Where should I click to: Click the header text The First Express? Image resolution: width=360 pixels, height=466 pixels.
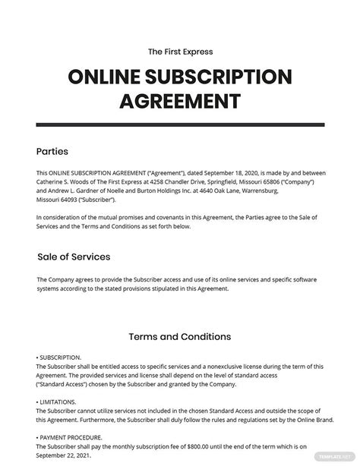pos(180,52)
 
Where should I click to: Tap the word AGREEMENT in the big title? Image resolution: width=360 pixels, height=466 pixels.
pos(180,101)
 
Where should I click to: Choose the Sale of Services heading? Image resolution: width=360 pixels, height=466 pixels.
pos(74,257)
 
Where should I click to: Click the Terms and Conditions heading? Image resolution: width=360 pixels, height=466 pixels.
pos(180,336)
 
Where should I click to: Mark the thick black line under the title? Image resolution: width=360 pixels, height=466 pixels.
pos(180,121)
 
